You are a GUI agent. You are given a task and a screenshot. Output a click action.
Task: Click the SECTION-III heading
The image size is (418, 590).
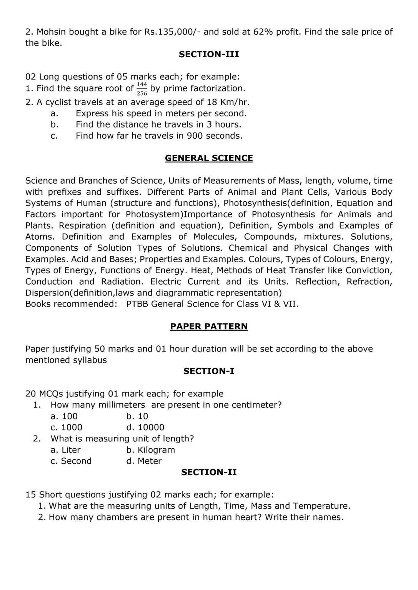pyautogui.click(x=209, y=55)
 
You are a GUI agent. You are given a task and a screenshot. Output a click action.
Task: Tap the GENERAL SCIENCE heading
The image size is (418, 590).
pyautogui.click(x=209, y=158)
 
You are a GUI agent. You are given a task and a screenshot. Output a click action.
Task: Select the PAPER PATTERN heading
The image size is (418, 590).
pyautogui.click(x=209, y=326)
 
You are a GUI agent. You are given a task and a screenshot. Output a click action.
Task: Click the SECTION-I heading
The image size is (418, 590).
pyautogui.click(x=209, y=371)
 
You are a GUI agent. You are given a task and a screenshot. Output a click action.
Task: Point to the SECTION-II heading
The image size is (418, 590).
pyautogui.click(x=209, y=472)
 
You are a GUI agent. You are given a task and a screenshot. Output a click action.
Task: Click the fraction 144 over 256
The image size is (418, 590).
pyautogui.click(x=142, y=89)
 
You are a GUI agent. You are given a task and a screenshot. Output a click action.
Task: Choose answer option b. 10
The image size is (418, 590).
pyautogui.click(x=137, y=416)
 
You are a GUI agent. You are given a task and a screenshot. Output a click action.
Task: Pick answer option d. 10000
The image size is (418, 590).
pyautogui.click(x=145, y=428)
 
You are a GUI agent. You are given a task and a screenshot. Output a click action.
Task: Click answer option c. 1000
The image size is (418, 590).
pyautogui.click(x=67, y=428)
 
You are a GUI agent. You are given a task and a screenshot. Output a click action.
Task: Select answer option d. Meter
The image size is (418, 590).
pyautogui.click(x=144, y=461)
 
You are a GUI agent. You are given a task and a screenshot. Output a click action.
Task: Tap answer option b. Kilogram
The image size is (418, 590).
pyautogui.click(x=151, y=450)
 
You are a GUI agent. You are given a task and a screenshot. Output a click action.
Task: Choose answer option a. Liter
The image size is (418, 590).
pyautogui.click(x=66, y=450)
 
